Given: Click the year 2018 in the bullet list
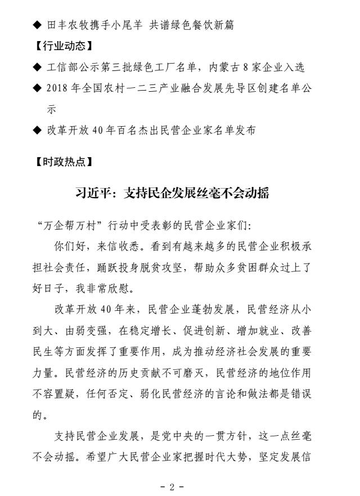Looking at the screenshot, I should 58,88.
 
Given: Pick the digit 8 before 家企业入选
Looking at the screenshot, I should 249,68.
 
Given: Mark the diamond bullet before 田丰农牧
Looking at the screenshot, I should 37,25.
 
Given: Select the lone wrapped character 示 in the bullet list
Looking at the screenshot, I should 51,109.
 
